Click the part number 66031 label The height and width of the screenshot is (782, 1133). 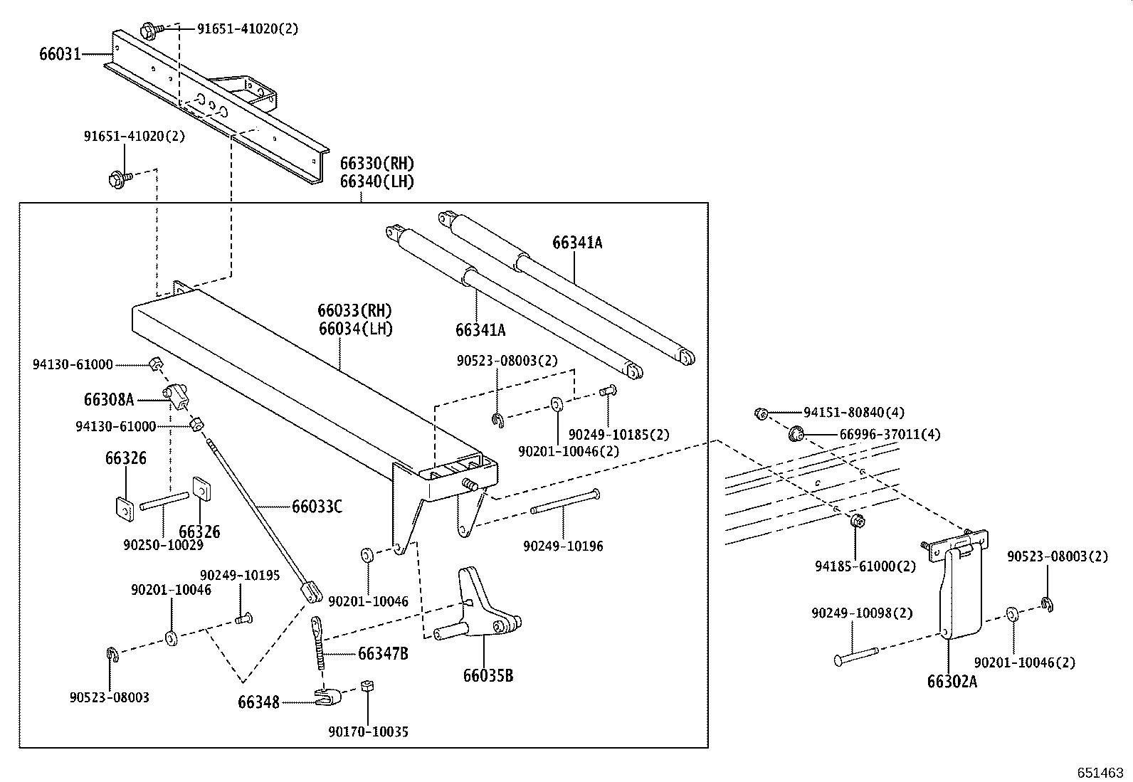pos(60,54)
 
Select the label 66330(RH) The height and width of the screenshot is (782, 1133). pos(376,164)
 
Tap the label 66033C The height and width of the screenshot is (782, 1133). pos(317,507)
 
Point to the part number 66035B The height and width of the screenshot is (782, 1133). pos(488,675)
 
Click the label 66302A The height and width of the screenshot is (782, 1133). pos(952,682)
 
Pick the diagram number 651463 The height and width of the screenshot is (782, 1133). pos(1100,773)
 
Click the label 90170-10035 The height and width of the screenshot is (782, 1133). pos(368,731)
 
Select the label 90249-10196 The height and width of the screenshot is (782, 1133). pos(563,546)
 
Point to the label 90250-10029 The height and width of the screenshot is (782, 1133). pos(163,545)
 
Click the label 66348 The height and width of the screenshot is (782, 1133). pos(258,702)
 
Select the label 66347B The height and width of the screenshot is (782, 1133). pos(383,653)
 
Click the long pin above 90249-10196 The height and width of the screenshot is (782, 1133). pos(564,502)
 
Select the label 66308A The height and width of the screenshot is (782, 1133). pos(109,400)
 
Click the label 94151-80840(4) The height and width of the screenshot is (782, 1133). pos(854,412)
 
